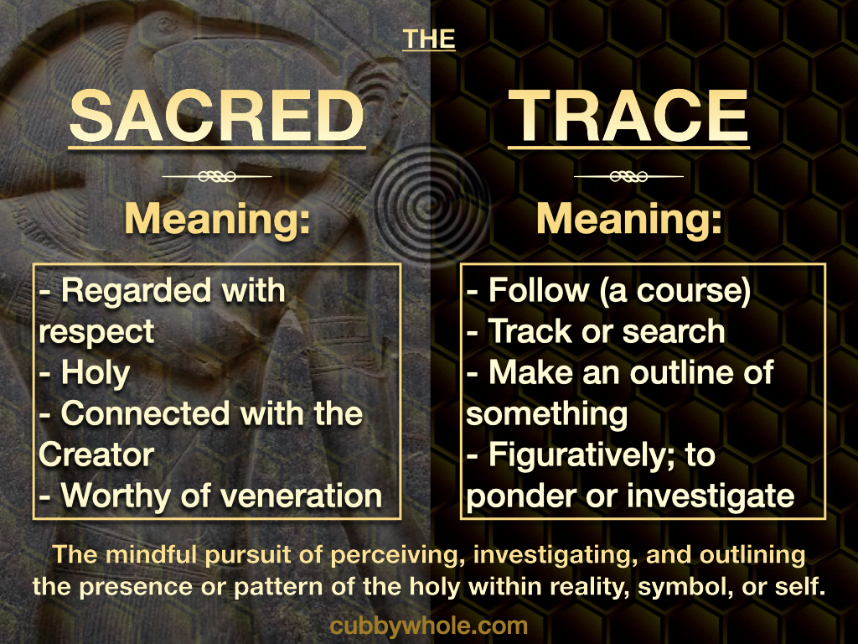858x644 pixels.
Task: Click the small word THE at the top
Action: tap(429, 39)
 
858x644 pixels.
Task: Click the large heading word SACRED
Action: tap(217, 116)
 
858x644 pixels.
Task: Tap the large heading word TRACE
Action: tap(628, 116)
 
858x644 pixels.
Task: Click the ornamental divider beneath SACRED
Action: tap(217, 176)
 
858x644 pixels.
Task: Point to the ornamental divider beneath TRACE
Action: tap(628, 176)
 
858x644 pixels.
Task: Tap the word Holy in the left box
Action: tap(96, 374)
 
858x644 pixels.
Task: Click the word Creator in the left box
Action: tap(96, 455)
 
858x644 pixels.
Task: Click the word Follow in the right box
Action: tap(539, 290)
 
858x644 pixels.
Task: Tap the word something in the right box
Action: tap(546, 415)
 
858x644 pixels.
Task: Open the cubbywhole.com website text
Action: tap(429, 626)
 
